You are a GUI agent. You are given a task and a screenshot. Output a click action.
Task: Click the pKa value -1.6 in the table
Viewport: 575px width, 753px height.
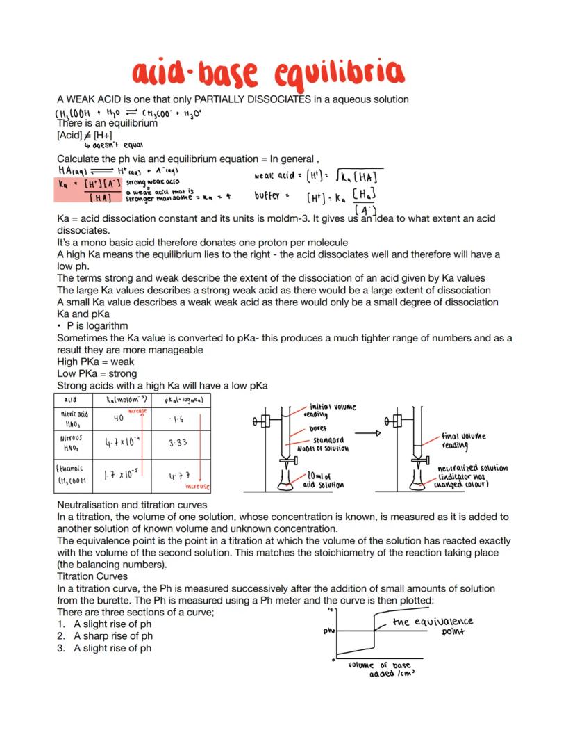176,419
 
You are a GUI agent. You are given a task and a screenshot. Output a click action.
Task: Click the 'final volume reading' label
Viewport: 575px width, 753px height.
463,441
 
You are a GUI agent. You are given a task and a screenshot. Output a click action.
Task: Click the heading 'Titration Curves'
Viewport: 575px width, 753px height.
92,576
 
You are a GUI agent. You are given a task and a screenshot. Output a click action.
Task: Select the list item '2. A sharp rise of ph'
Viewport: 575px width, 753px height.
105,635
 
